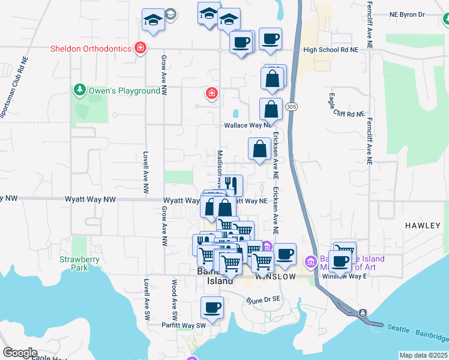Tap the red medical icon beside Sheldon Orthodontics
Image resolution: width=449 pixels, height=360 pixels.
point(140,48)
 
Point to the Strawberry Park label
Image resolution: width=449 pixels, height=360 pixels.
point(74,263)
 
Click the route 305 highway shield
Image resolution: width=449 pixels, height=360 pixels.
point(291,107)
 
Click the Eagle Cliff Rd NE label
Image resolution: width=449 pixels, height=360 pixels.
point(347,113)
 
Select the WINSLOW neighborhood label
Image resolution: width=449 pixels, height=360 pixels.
point(276,277)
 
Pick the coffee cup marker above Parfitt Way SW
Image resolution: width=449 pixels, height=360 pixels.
point(212,307)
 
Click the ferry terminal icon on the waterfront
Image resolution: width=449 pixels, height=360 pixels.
point(363,313)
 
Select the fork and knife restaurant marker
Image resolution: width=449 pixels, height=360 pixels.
point(231,184)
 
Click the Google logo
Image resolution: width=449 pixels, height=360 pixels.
point(20,352)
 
